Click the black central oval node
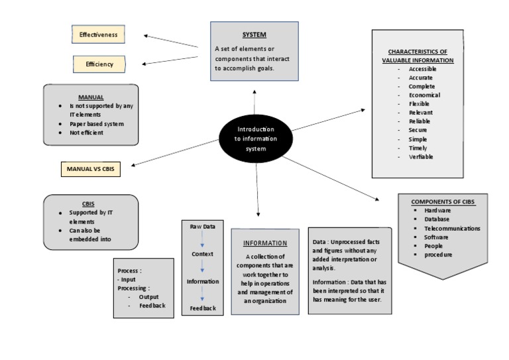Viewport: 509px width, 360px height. (256, 139)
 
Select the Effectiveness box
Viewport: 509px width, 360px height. (99, 34)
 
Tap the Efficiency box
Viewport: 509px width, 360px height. (99, 64)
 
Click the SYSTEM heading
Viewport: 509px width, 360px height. (254, 34)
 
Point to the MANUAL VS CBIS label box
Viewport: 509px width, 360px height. (91, 168)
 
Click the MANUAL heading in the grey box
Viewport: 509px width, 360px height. (91, 97)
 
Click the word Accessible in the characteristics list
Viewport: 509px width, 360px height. (422, 69)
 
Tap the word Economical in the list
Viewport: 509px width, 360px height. (424, 95)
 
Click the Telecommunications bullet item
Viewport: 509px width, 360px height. (452, 228)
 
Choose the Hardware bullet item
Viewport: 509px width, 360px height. (437, 210)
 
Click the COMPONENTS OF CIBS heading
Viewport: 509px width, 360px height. (443, 202)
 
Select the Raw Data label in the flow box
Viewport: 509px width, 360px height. (203, 226)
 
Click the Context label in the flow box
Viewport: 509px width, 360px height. (202, 254)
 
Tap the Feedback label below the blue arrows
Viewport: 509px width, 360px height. (203, 308)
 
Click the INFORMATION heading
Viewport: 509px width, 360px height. (265, 243)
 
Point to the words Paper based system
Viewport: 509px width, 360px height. (97, 123)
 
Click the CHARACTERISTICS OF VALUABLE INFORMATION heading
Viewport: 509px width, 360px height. (418, 56)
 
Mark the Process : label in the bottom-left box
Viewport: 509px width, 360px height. (129, 271)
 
